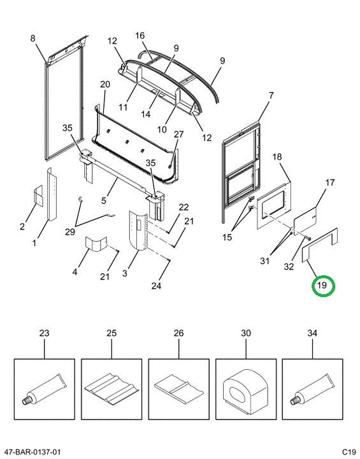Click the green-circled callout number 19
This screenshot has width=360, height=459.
(322, 285)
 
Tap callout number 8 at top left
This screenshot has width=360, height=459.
(32, 38)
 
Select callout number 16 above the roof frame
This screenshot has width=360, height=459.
(140, 36)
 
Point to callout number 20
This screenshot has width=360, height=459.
(105, 84)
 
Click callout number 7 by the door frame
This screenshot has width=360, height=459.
(271, 95)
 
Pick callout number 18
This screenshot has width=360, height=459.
(277, 157)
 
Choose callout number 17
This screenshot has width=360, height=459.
(330, 182)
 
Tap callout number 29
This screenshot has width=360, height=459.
(70, 232)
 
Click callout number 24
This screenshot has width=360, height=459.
(156, 286)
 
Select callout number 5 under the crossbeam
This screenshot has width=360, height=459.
(104, 200)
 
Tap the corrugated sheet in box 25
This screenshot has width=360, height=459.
(112, 389)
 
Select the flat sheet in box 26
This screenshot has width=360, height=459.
(178, 388)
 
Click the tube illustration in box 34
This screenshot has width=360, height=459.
(312, 390)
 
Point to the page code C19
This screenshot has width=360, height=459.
(349, 452)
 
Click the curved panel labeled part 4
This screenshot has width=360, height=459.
(96, 244)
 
